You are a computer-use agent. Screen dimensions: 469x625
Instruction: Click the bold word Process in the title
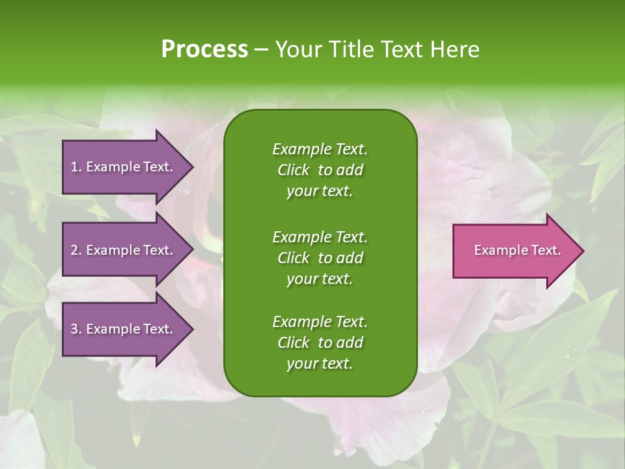tap(204, 50)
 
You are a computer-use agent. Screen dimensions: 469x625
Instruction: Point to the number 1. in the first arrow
tap(76, 167)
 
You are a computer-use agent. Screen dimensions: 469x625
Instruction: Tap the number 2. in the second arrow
tap(76, 250)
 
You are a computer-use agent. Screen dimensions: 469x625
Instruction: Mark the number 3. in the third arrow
tap(76, 329)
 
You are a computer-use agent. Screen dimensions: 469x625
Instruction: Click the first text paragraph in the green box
tap(320, 170)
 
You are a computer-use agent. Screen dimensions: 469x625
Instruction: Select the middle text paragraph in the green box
tap(320, 257)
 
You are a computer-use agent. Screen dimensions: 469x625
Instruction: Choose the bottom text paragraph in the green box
tap(320, 343)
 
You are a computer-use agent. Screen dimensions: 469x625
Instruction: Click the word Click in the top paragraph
tap(293, 170)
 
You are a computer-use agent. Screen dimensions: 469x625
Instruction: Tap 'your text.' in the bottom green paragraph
tap(320, 364)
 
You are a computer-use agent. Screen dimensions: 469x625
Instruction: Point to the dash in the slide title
tap(261, 50)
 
